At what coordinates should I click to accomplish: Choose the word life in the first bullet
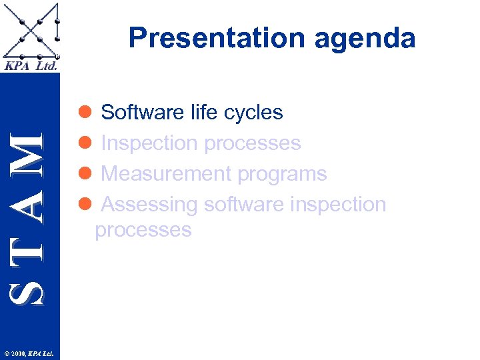(x=204, y=112)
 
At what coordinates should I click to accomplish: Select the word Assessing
(x=149, y=205)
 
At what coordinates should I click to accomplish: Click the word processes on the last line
(x=143, y=230)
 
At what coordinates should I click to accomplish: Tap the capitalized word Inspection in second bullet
(x=149, y=143)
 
